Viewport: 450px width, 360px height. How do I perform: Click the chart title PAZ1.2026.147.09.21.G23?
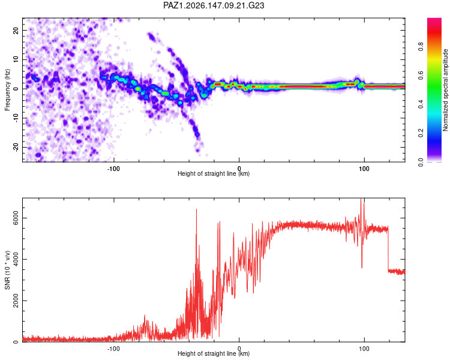pyautogui.click(x=214, y=5)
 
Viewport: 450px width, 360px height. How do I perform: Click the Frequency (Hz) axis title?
pyautogui.click(x=7, y=90)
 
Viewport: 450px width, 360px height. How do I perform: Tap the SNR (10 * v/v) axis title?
pyautogui.click(x=7, y=270)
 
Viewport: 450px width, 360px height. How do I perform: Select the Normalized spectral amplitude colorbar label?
pyautogui.click(x=445, y=90)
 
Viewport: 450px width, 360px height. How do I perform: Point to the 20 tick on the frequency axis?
pyautogui.click(x=16, y=30)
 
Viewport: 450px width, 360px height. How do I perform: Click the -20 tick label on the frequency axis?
pyautogui.click(x=16, y=147)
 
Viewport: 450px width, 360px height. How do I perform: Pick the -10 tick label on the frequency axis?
pyautogui.click(x=16, y=118)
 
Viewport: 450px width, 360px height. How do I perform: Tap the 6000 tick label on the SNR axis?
pyautogui.click(x=16, y=218)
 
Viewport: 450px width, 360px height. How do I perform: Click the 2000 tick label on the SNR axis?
pyautogui.click(x=16, y=301)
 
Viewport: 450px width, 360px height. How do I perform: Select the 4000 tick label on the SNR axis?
pyautogui.click(x=16, y=259)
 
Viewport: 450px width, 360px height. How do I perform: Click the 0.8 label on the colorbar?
pyautogui.click(x=421, y=46)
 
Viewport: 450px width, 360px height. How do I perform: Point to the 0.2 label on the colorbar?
pyautogui.click(x=421, y=133)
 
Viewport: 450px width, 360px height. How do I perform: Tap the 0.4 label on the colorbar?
pyautogui.click(x=421, y=104)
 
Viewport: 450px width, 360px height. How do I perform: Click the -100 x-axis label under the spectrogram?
pyautogui.click(x=113, y=169)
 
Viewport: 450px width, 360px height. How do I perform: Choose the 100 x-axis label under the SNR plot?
pyautogui.click(x=364, y=349)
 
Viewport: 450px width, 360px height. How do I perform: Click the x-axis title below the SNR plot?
pyautogui.click(x=214, y=353)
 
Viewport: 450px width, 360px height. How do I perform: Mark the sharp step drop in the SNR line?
pyautogui.click(x=388, y=249)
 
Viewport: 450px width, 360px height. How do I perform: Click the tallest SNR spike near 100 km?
pyautogui.click(x=361, y=199)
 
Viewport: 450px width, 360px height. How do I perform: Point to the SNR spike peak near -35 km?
pyautogui.click(x=196, y=209)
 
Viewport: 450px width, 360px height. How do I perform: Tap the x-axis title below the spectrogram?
pyautogui.click(x=214, y=173)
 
